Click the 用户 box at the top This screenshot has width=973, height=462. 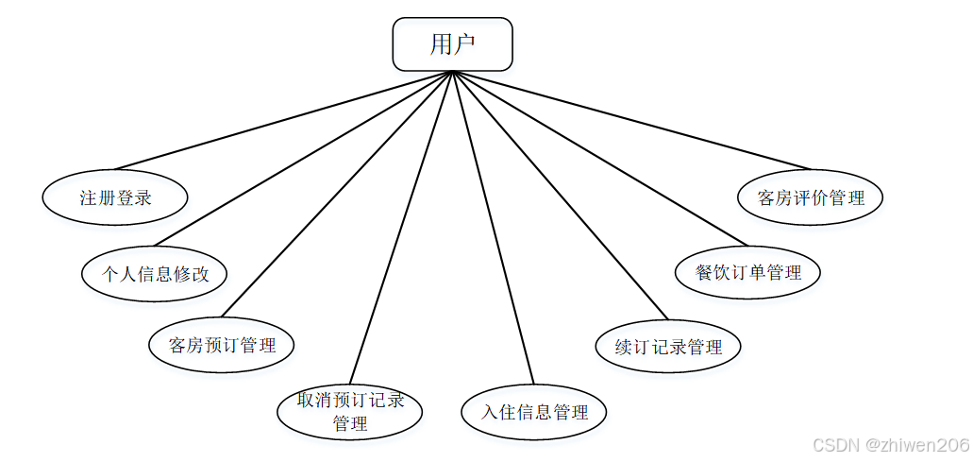pos(452,44)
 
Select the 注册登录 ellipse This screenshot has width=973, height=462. pos(115,198)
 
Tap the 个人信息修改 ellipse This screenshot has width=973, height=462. pos(155,274)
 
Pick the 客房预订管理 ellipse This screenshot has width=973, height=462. pos(222,345)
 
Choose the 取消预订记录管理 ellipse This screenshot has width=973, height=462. pos(350,411)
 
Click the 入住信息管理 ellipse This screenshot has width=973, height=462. pos(534,412)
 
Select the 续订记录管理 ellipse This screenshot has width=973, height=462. pos(668,346)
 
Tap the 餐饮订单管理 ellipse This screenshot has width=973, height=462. pos(748,272)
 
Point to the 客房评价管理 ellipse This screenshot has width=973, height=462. pos(811,197)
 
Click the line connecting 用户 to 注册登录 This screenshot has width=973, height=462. pos(283,120)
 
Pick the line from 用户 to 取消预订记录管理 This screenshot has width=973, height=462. pos(402,227)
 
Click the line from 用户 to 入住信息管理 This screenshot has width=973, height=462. pos(494,227)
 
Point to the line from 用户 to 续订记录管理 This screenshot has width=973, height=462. pos(561,195)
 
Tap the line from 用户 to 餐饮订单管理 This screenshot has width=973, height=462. pos(598,157)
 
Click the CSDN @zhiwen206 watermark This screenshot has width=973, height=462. pos(890,444)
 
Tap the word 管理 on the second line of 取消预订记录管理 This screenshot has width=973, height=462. pos(350,423)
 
